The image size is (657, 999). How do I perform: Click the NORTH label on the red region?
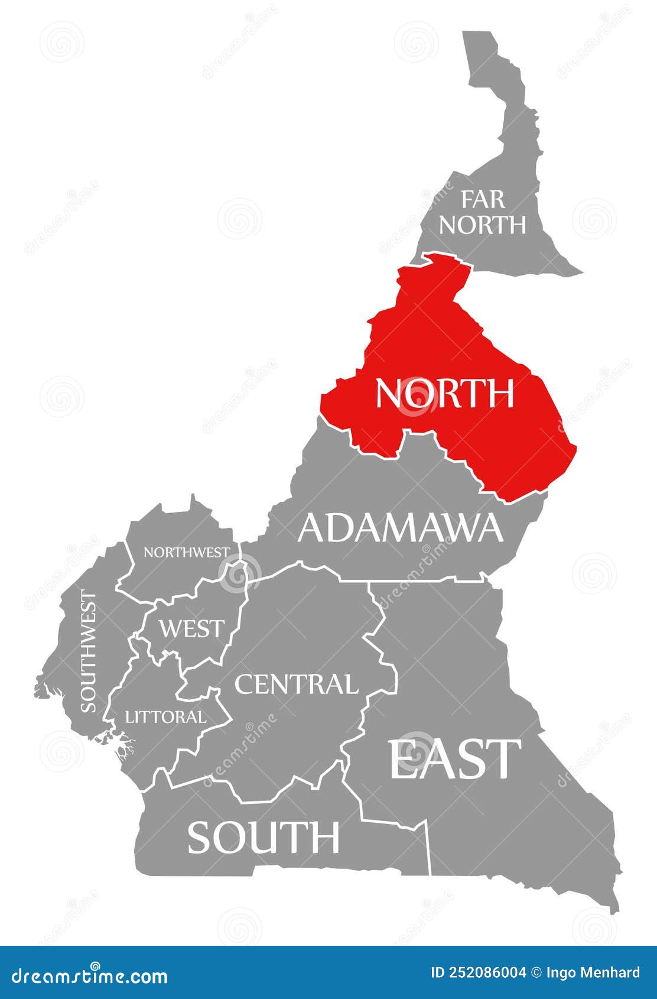pyautogui.click(x=444, y=394)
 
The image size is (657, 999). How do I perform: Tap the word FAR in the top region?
pyautogui.click(x=483, y=200)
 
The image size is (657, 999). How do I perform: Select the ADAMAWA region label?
pyautogui.click(x=400, y=527)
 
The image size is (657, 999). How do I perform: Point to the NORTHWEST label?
pyautogui.click(x=186, y=552)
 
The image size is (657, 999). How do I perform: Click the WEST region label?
pyautogui.click(x=192, y=628)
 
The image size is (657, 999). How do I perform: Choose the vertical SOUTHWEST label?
pyautogui.click(x=88, y=650)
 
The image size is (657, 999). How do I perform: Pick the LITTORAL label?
pyautogui.click(x=166, y=717)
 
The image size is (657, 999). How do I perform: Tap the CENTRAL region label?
pyautogui.click(x=296, y=684)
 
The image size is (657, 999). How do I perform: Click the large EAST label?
pyautogui.click(x=454, y=759)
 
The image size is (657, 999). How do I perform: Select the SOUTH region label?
pyautogui.click(x=264, y=837)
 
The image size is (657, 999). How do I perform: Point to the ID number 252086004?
pyautogui.click(x=486, y=973)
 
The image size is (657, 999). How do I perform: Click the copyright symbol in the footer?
pyautogui.click(x=536, y=973)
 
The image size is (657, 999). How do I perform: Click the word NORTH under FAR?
pyautogui.click(x=483, y=225)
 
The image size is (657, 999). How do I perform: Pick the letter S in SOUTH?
pyautogui.click(x=200, y=837)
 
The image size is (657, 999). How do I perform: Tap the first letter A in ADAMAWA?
pyautogui.click(x=312, y=527)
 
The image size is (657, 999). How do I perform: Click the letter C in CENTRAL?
pyautogui.click(x=245, y=684)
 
